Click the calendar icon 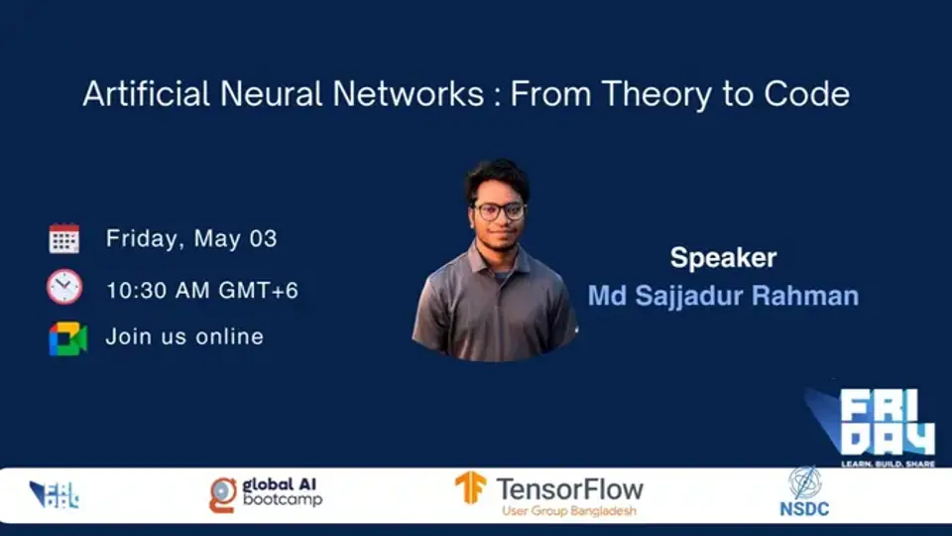(x=64, y=239)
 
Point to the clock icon (x=64, y=288)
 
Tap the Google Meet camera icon (x=67, y=337)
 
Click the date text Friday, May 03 (x=191, y=239)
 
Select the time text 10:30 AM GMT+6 (x=202, y=290)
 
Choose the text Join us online (x=184, y=336)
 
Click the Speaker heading (x=723, y=258)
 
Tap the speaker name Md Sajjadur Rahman (x=723, y=296)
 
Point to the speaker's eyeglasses (x=499, y=211)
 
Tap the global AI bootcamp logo (x=266, y=492)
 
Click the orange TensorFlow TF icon (x=470, y=487)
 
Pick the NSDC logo (x=804, y=493)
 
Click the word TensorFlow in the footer (x=569, y=488)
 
